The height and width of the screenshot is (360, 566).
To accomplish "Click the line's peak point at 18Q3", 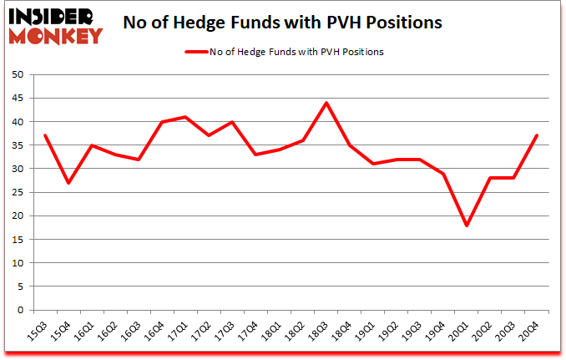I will click(x=326, y=103).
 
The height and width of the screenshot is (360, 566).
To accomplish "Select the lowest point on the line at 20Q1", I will click(x=467, y=226).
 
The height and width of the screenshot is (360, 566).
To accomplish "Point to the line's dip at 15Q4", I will click(x=68, y=183).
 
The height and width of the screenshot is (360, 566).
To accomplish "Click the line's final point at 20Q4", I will click(x=537, y=136).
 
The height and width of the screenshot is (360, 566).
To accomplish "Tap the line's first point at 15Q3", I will click(x=44, y=136).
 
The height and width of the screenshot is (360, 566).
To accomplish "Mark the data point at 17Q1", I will click(x=185, y=117).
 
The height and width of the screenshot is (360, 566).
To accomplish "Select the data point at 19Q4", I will click(x=443, y=174).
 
